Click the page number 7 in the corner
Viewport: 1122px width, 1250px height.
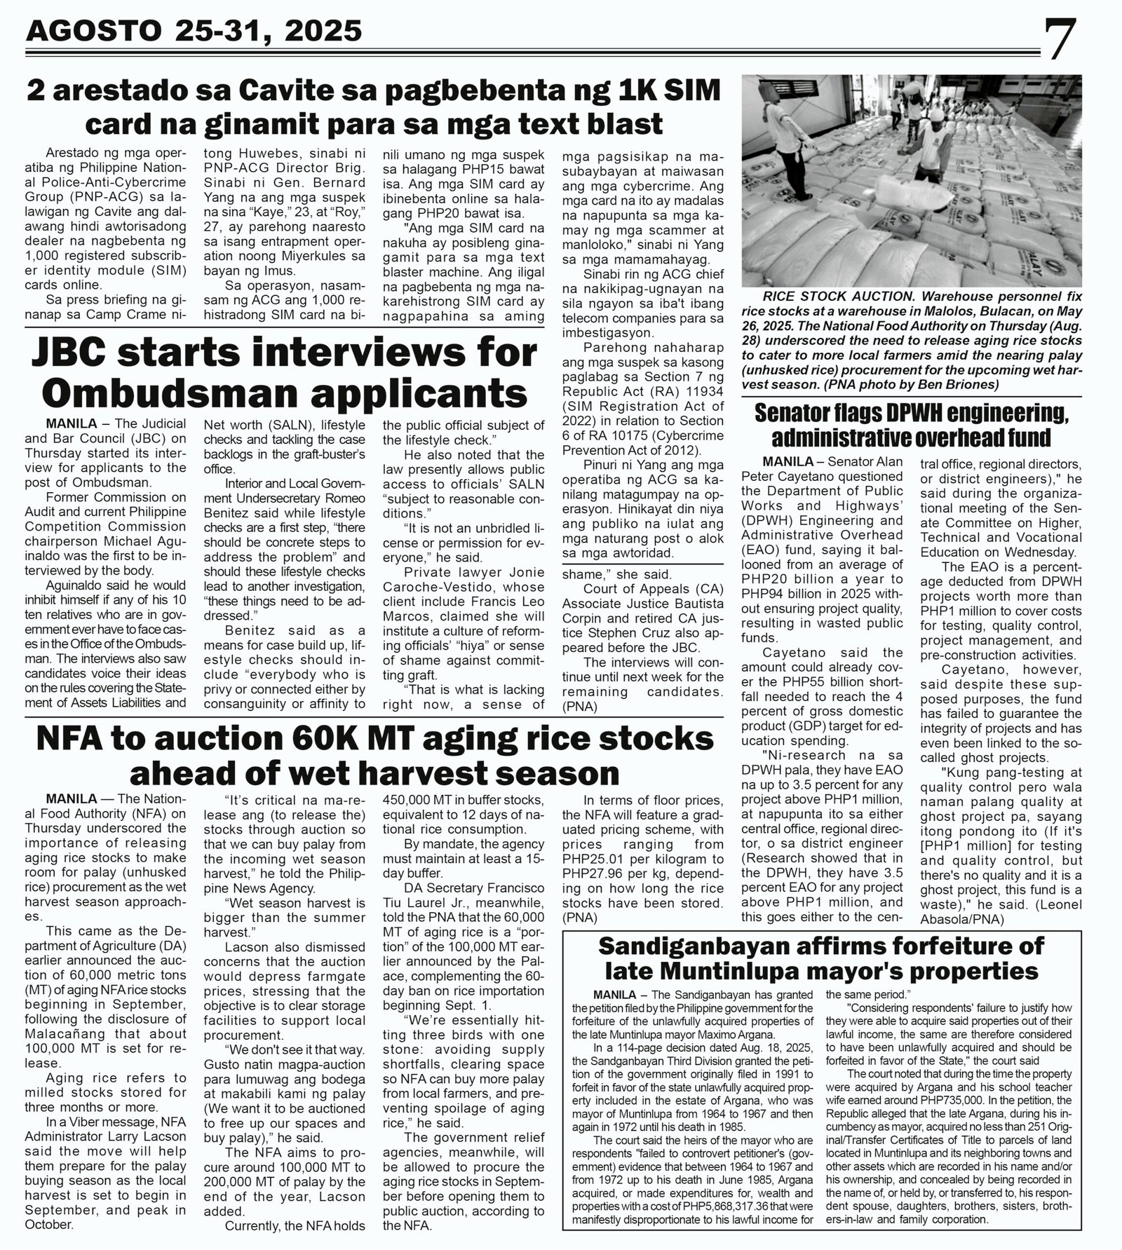pos(1060,41)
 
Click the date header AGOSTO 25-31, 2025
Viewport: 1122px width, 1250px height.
pos(194,30)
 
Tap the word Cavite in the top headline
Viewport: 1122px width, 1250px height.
pos(252,93)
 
